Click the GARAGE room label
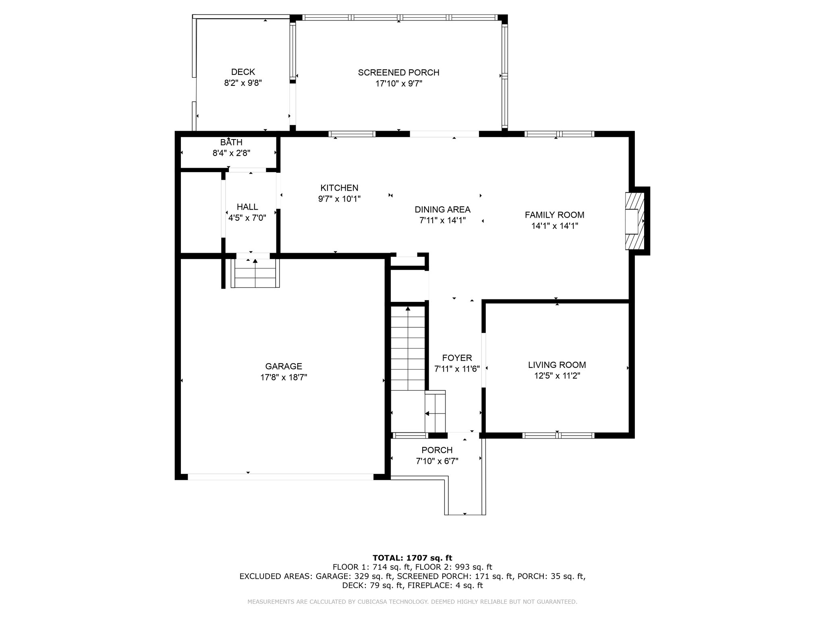(x=284, y=366)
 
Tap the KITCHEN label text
(x=339, y=188)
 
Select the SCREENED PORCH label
(x=398, y=73)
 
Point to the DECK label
(x=243, y=72)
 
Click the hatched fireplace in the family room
(x=635, y=221)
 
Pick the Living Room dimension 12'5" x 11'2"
(x=557, y=376)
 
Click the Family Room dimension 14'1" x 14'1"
(x=555, y=226)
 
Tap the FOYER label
(x=457, y=358)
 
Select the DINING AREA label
(x=442, y=210)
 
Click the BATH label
(x=231, y=142)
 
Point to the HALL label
(x=247, y=207)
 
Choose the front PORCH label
(x=437, y=450)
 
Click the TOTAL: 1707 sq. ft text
(x=412, y=558)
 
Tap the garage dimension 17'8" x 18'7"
(x=284, y=378)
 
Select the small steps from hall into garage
(x=255, y=273)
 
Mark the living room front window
(x=558, y=435)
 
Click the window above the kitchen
(x=352, y=134)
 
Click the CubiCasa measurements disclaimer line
(x=412, y=602)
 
